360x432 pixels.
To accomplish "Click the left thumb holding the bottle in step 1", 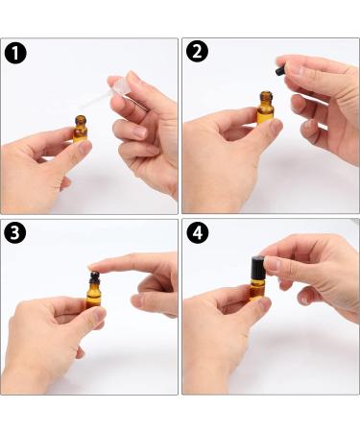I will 80,146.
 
